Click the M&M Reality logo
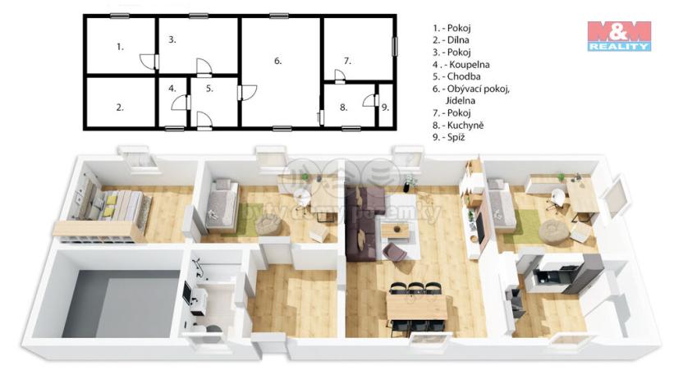(619, 36)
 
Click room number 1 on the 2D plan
(120, 47)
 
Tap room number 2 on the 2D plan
(120, 107)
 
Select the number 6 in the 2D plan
(277, 61)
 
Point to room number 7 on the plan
(347, 61)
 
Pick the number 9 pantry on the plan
(384, 107)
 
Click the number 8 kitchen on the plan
(344, 107)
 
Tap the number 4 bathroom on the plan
(172, 89)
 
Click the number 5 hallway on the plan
(209, 89)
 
